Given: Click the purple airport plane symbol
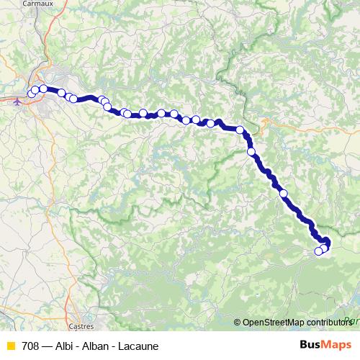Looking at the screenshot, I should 17,101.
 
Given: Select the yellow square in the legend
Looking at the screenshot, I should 10,346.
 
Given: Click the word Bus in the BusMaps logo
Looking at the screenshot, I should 311,344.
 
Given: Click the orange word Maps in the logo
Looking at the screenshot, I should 338,344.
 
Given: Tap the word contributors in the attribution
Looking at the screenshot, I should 328,323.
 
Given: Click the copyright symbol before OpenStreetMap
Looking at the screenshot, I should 238,323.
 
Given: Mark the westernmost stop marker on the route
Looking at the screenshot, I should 31,94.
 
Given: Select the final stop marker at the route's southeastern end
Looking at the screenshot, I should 318,251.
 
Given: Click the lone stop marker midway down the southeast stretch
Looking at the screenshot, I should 284,193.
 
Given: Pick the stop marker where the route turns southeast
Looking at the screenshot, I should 240,130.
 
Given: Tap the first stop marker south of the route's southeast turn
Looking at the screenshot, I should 251,152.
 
